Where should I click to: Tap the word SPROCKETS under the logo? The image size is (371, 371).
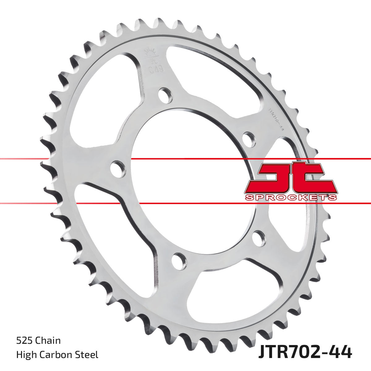point(291,197)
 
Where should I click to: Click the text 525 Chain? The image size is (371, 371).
point(38,341)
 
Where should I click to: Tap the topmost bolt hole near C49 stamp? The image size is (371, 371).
point(165,95)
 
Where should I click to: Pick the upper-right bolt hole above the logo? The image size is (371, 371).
point(249,139)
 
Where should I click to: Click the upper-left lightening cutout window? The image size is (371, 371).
point(99,102)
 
